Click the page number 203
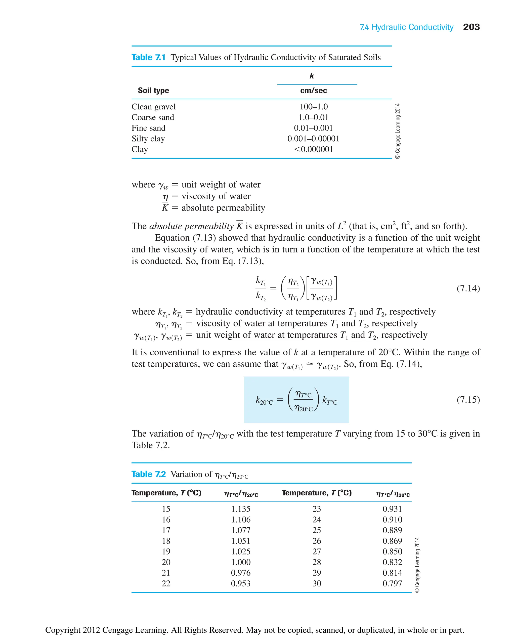pyautogui.click(x=471, y=27)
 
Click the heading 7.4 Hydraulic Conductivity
pyautogui.click(x=406, y=27)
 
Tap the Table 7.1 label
pyautogui.click(x=148, y=57)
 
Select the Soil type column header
pyautogui.click(x=153, y=91)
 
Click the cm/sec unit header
pyautogui.click(x=313, y=91)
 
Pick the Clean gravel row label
pyautogui.click(x=153, y=107)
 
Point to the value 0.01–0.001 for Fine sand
pyautogui.click(x=313, y=128)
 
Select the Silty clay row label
pyautogui.click(x=148, y=139)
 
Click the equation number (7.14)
pyautogui.click(x=468, y=288)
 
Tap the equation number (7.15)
pyautogui.click(x=468, y=400)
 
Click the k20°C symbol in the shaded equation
pyautogui.click(x=264, y=401)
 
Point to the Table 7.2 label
pyautogui.click(x=148, y=474)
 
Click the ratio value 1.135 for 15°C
pyautogui.click(x=241, y=509)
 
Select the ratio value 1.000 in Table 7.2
pyautogui.click(x=241, y=562)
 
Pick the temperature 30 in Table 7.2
pyautogui.click(x=317, y=584)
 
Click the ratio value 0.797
pyautogui.click(x=392, y=584)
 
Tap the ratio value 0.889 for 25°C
pyautogui.click(x=392, y=530)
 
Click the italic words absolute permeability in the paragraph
pyautogui.click(x=191, y=226)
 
